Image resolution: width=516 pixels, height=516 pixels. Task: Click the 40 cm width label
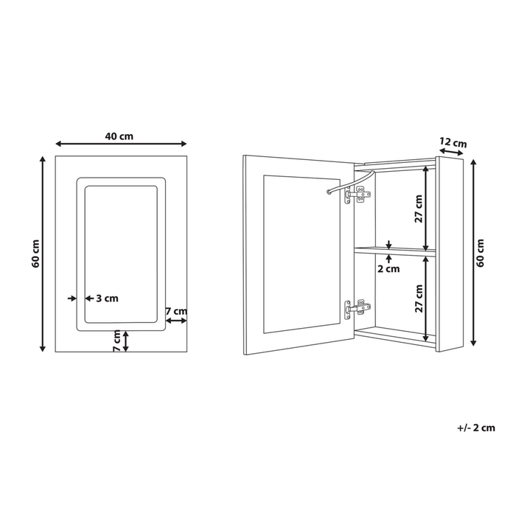point(119,136)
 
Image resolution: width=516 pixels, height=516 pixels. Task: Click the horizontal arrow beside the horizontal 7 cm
point(175,321)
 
